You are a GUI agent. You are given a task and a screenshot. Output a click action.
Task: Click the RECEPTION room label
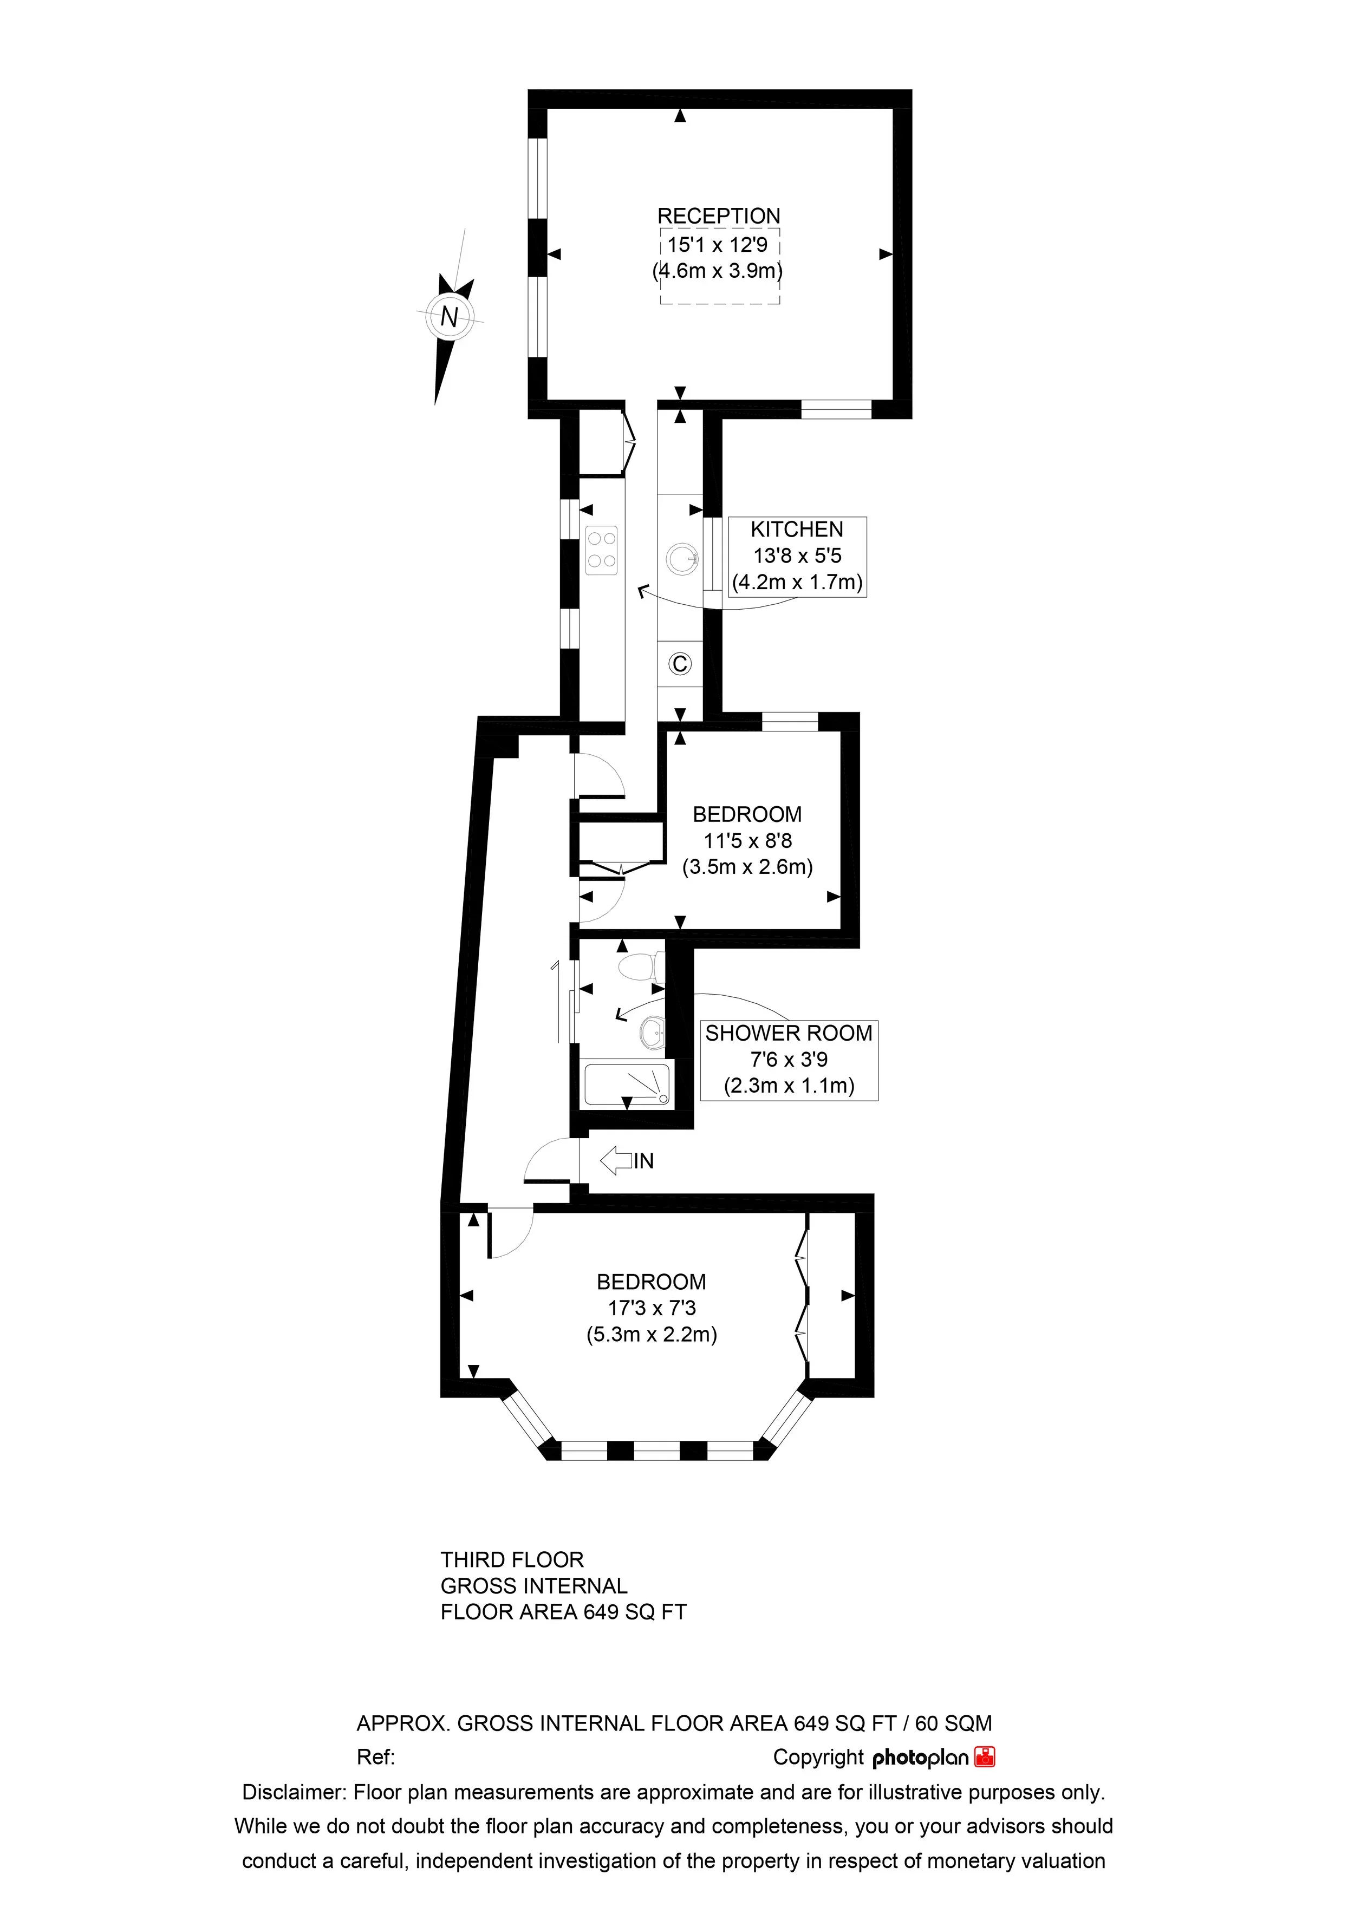pyautogui.click(x=719, y=216)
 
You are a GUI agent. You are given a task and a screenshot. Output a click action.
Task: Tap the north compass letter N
pyautogui.click(x=450, y=317)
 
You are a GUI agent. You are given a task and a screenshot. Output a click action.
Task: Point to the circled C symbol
pyautogui.click(x=680, y=664)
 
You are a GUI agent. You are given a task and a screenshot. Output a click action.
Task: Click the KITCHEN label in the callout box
pyautogui.click(x=797, y=530)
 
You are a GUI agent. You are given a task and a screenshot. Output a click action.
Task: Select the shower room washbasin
pyautogui.click(x=652, y=1034)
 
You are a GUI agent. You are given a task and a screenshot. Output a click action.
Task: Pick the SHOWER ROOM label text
pyautogui.click(x=789, y=1034)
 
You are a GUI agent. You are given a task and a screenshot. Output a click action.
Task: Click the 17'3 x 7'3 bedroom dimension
pyautogui.click(x=652, y=1308)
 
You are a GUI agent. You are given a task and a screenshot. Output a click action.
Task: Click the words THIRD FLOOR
pyautogui.click(x=512, y=1560)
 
